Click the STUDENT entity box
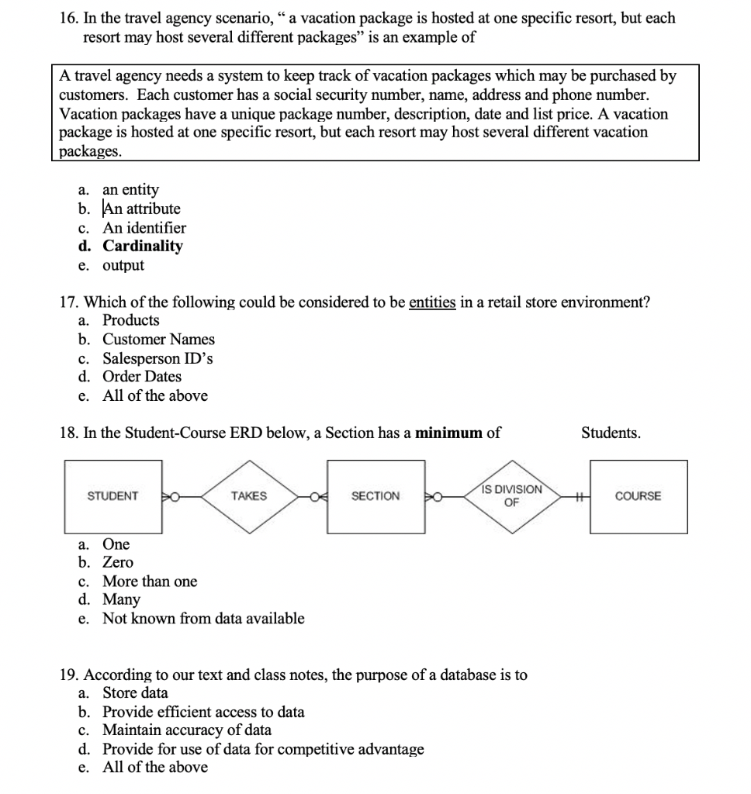[x=112, y=496]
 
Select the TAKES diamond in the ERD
[x=248, y=496]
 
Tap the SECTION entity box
[x=375, y=496]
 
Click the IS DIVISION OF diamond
[x=510, y=495]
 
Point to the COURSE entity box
[x=638, y=496]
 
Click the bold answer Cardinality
[x=143, y=247]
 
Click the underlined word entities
[x=432, y=302]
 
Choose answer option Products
[x=131, y=320]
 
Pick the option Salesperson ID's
[x=157, y=358]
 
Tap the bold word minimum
[x=449, y=433]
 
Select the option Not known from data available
[x=203, y=618]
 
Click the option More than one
[x=150, y=581]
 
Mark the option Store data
[x=135, y=692]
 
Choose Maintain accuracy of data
[x=187, y=730]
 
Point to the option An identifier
[x=144, y=228]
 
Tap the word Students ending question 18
[x=611, y=433]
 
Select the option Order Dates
[x=142, y=377]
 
